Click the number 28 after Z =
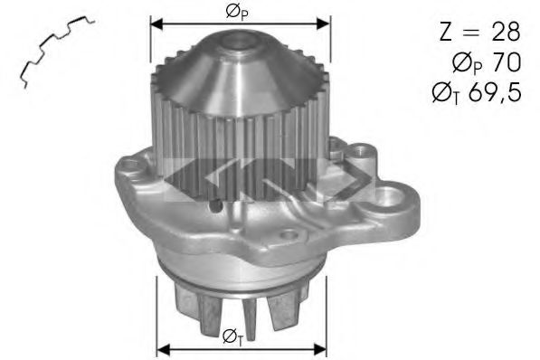coord(506,32)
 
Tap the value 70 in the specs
coord(507,62)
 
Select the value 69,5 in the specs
coord(495,92)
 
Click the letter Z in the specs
coord(446,32)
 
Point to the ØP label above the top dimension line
coord(237,13)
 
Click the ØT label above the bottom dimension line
coord(232,336)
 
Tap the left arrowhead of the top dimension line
coord(156,24)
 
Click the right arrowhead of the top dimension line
coord(324,24)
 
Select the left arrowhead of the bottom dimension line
coord(163,350)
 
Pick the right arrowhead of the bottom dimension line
coord(320,350)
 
